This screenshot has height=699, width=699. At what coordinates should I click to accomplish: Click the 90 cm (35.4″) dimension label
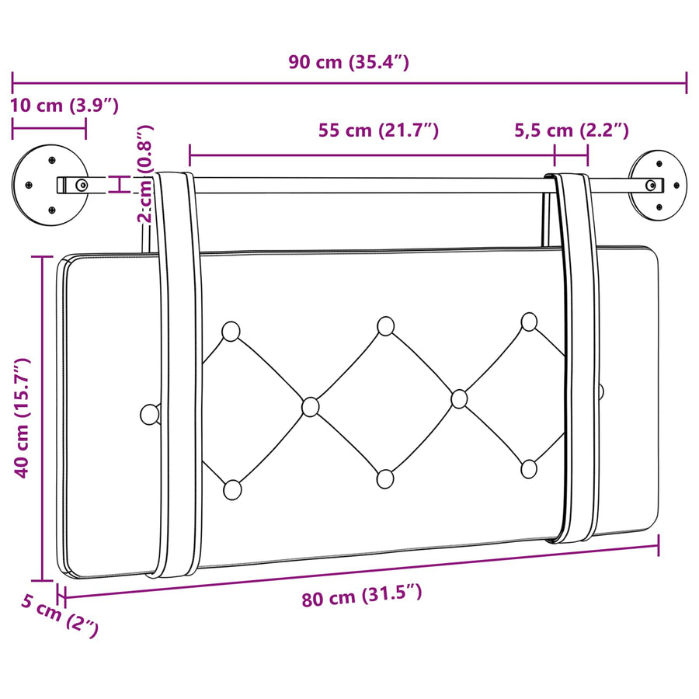click(x=349, y=62)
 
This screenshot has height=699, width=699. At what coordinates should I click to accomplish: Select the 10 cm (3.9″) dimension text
click(x=64, y=106)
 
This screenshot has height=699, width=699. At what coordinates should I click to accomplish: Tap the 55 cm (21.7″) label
click(x=378, y=130)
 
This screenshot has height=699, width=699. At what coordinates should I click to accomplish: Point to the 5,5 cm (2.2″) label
click(x=572, y=130)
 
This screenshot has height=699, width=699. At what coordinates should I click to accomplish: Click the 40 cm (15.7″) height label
click(x=22, y=418)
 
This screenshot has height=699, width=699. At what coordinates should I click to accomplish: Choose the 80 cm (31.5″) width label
click(x=361, y=596)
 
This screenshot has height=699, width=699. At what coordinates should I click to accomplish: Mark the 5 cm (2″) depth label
click(x=60, y=615)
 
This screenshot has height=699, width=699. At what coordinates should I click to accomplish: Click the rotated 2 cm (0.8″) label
click(x=146, y=173)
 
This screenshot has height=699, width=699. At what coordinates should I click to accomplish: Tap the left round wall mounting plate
click(x=50, y=185)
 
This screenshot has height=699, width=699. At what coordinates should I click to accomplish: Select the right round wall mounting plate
click(x=658, y=185)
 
